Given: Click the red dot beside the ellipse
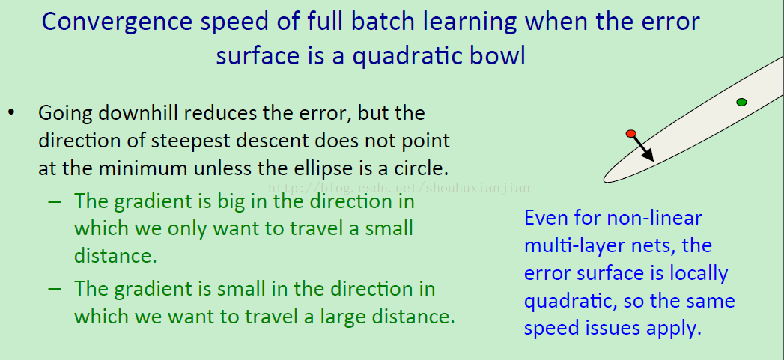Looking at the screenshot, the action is tap(631, 133).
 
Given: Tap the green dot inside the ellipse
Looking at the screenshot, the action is tap(741, 102).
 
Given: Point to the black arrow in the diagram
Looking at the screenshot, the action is tap(643, 148).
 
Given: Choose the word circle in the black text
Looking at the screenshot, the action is tap(421, 169).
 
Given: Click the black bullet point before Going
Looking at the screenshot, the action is tap(11, 112).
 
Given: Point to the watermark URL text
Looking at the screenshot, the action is tap(399, 189).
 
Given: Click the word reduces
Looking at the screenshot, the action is tap(216, 113).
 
